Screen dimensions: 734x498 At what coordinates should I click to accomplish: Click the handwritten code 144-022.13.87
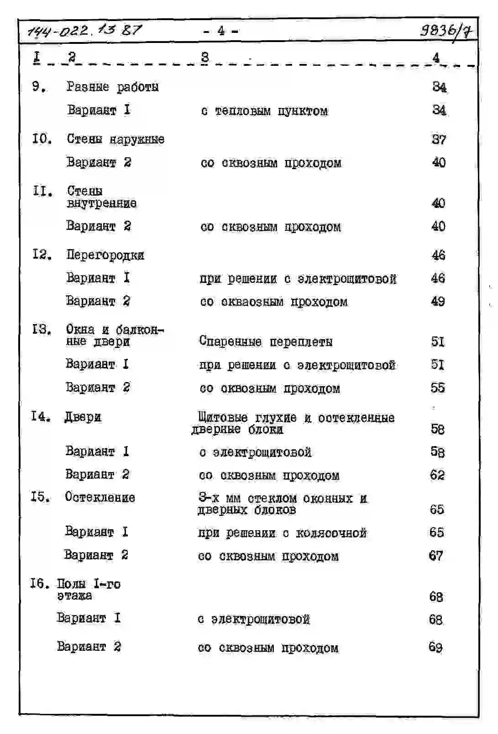pyautogui.click(x=85, y=31)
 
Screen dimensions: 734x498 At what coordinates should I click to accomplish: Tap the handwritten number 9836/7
pyautogui.click(x=446, y=31)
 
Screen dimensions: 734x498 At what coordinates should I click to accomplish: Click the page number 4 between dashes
pyautogui.click(x=221, y=31)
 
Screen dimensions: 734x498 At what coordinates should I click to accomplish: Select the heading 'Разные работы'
pyautogui.click(x=113, y=86)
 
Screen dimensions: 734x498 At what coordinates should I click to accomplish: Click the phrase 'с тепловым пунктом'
pyautogui.click(x=264, y=111)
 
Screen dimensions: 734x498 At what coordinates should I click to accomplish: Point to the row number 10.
pyautogui.click(x=42, y=138)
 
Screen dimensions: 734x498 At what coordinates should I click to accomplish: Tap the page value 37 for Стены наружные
pyautogui.click(x=439, y=139)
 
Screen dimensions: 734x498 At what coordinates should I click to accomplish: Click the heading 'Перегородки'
pyautogui.click(x=105, y=255)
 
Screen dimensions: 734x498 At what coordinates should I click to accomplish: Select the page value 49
pyautogui.click(x=438, y=301)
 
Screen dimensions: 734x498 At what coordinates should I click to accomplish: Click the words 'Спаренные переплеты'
pyautogui.click(x=266, y=341)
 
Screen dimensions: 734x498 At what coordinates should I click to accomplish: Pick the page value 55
pyautogui.click(x=437, y=388)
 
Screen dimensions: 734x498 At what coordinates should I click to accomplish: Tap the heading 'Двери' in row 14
pyautogui.click(x=83, y=417)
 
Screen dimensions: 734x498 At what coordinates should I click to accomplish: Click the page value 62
pyautogui.click(x=437, y=475)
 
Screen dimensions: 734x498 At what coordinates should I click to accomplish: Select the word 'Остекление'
pyautogui.click(x=100, y=497)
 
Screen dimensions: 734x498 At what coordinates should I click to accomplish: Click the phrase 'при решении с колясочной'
pyautogui.click(x=282, y=533)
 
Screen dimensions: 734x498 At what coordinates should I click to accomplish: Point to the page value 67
pyautogui.click(x=436, y=555)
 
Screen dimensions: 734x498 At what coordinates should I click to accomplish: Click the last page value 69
pyautogui.click(x=435, y=647)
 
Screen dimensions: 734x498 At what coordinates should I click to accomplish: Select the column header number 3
pyautogui.click(x=205, y=57)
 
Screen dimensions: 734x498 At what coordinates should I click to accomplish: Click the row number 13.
pyautogui.click(x=41, y=329)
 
